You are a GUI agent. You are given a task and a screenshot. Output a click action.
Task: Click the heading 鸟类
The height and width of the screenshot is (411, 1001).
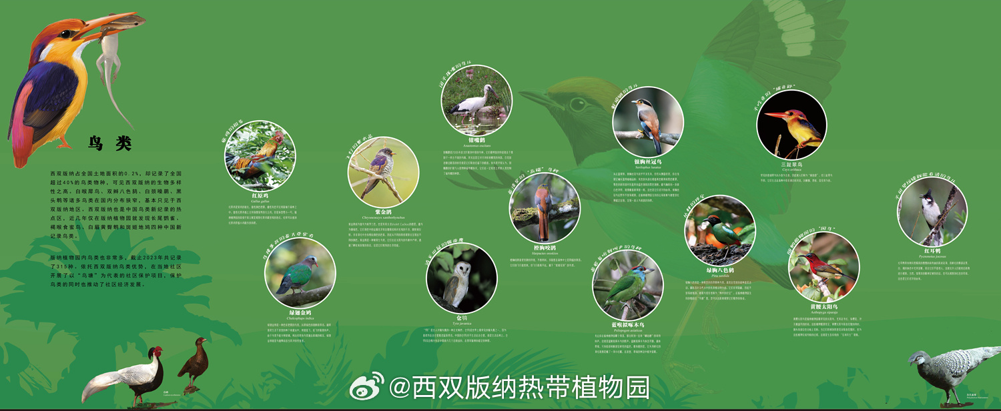point(110,143)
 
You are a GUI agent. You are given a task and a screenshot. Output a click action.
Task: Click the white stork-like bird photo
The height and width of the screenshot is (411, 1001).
point(476,100)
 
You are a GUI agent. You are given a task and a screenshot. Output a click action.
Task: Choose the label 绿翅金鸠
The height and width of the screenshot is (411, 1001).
point(300,312)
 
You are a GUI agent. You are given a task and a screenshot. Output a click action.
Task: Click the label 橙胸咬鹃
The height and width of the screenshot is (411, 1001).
point(545,248)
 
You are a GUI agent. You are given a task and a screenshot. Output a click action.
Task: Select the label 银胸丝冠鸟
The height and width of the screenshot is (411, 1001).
point(647,161)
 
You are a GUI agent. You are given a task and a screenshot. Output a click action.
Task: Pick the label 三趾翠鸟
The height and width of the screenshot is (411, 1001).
point(791,164)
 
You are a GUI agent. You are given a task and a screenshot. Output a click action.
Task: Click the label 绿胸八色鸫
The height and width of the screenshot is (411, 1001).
point(720,270)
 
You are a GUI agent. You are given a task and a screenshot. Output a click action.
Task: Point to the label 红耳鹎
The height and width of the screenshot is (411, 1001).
point(932,251)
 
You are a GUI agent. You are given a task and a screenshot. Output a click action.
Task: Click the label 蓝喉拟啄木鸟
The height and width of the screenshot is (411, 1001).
point(627,325)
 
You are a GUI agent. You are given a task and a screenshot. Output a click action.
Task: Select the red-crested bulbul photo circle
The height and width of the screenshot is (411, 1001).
point(932,211)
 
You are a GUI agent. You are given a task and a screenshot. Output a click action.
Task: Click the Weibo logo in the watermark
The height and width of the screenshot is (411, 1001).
point(366,385)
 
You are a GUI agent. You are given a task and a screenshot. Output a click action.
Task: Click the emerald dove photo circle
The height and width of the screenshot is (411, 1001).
point(300,272)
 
